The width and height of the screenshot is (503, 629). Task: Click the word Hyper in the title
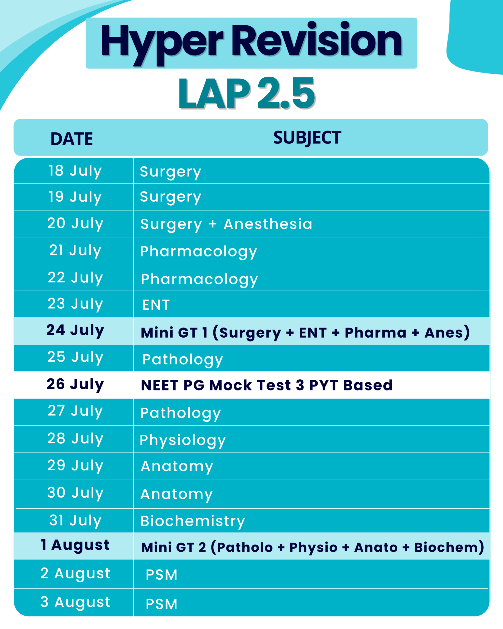coord(162,44)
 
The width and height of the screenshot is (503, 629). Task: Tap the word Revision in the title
coord(317,39)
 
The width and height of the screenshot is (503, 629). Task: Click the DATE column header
coord(72,139)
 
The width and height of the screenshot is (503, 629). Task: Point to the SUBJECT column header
coord(307,138)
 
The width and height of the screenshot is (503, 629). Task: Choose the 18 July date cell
coord(75,171)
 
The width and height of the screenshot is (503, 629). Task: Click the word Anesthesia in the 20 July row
coord(268,224)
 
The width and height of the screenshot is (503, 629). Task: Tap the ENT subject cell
coord(156,305)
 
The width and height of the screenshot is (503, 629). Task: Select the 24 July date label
coord(75,330)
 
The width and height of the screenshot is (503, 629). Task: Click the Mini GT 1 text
coord(174,333)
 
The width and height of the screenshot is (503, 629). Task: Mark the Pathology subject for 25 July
coord(182,360)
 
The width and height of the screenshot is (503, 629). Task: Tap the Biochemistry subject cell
coord(193,521)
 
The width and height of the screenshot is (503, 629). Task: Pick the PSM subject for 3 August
coord(162,604)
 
